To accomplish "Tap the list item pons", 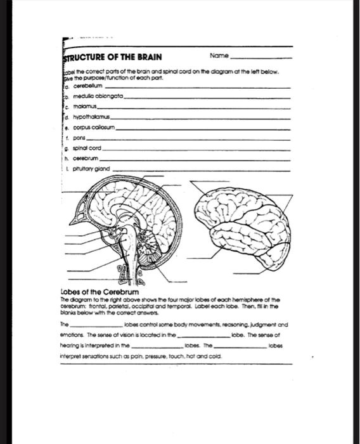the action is click(x=79, y=138).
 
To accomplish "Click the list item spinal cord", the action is click(x=85, y=148).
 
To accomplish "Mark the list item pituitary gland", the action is click(x=92, y=169).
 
